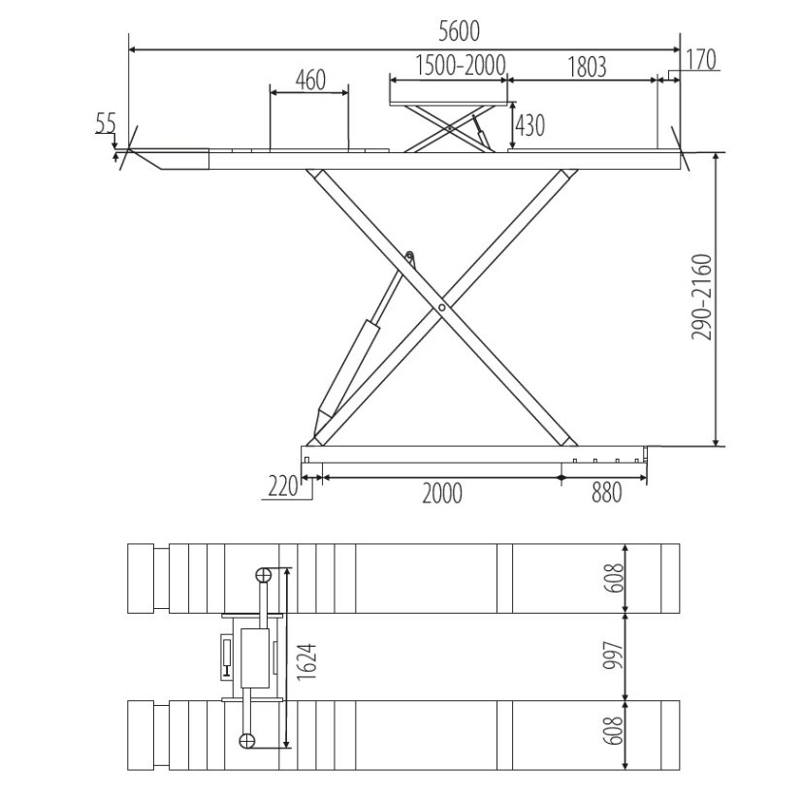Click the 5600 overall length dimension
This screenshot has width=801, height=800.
[460, 32]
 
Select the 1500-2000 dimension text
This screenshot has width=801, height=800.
[461, 65]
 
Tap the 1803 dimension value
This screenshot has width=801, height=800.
[587, 67]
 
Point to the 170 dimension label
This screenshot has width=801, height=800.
[700, 59]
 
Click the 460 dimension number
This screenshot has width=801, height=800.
[310, 80]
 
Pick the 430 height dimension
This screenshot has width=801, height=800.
[530, 126]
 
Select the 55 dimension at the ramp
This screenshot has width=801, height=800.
[107, 122]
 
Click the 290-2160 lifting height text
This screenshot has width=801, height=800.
[701, 297]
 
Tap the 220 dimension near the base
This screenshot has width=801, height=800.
[282, 486]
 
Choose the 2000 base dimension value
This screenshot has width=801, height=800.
[442, 493]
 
